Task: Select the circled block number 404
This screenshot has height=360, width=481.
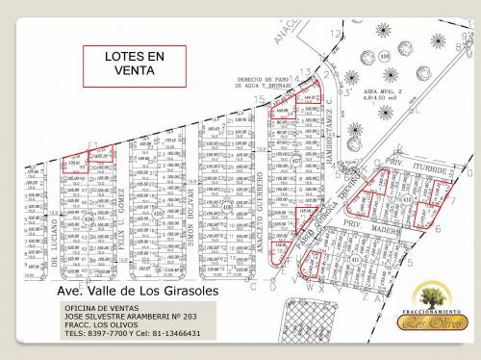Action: point(90,219)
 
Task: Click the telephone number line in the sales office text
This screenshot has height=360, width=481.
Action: point(132,333)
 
